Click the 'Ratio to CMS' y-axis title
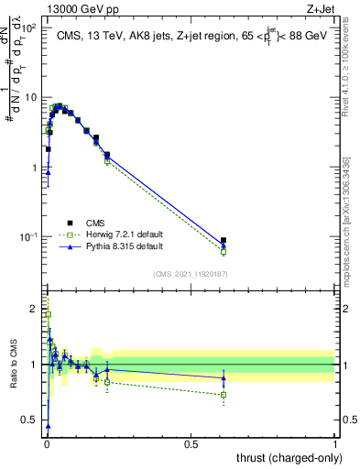pos(14,365)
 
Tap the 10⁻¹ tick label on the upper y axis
pos(27,237)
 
